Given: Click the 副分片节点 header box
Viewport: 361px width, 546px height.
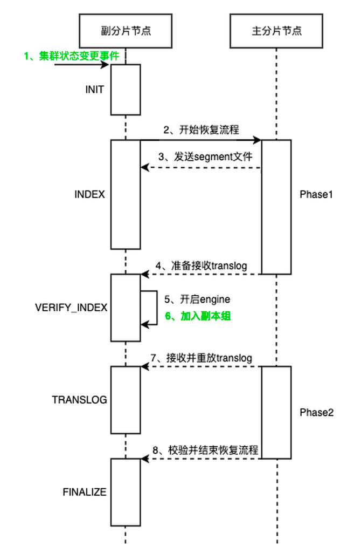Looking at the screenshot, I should click(x=126, y=30).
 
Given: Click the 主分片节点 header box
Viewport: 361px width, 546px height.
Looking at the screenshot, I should click(x=276, y=30).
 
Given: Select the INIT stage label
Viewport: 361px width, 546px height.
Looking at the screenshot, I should click(x=94, y=90).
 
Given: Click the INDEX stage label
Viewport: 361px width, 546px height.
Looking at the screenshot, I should click(x=89, y=195).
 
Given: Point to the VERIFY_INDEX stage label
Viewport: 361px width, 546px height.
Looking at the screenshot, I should click(x=71, y=308).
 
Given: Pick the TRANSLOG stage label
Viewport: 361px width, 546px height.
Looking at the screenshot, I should click(x=79, y=400).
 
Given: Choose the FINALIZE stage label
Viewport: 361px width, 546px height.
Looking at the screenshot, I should click(x=85, y=492).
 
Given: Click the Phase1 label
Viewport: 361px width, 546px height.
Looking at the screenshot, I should click(x=317, y=195).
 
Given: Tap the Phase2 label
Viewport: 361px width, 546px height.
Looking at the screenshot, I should click(x=317, y=413).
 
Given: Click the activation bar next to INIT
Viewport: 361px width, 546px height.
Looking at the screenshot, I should click(x=126, y=90).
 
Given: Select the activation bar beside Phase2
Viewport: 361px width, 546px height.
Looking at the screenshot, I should click(x=276, y=412).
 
